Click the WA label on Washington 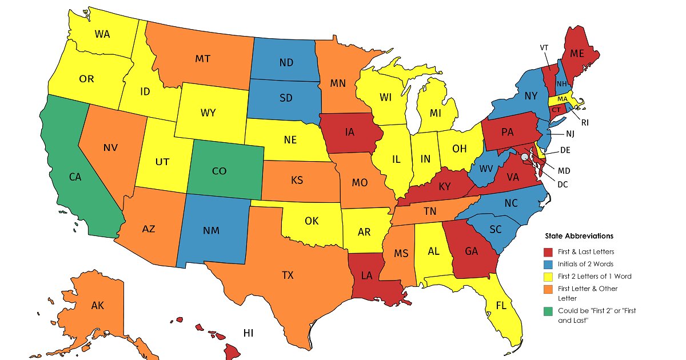coord(102,34)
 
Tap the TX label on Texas coord(288,275)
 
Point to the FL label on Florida coord(501,305)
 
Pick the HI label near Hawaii coord(248,333)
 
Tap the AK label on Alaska coord(97,305)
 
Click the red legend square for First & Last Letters coord(548,251)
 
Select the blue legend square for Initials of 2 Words coord(548,263)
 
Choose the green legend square coord(548,311)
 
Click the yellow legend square coord(548,276)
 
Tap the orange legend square coord(548,289)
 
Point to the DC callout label coord(563,184)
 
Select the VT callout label coord(544,47)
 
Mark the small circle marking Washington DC coord(524,156)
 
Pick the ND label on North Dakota coord(286,62)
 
